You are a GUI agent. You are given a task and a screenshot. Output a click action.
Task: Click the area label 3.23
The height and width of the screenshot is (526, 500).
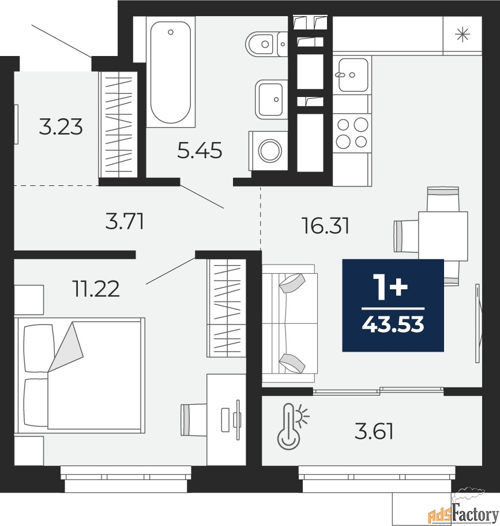(61, 127)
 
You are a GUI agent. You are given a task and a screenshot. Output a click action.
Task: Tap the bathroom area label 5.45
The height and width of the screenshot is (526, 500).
(200, 150)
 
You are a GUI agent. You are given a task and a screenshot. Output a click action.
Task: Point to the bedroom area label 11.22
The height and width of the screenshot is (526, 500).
(96, 289)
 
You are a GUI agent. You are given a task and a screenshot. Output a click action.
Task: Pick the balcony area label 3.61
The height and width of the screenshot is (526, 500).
(374, 431)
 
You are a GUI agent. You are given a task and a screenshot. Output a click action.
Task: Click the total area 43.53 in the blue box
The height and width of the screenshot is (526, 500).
(393, 324)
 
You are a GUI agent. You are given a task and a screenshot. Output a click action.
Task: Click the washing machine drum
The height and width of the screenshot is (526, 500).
(269, 151)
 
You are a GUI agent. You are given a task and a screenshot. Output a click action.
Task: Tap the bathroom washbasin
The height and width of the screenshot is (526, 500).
(272, 99)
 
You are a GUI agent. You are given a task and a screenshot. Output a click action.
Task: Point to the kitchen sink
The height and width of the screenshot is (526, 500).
(353, 75)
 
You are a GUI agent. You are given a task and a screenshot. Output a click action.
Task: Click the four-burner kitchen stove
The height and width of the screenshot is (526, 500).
(352, 133)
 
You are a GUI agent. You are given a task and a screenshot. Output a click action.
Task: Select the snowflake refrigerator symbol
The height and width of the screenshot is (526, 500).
(463, 35)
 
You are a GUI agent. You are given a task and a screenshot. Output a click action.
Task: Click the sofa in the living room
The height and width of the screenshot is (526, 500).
(290, 323)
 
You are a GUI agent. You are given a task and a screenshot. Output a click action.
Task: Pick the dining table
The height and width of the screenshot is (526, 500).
(443, 236)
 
